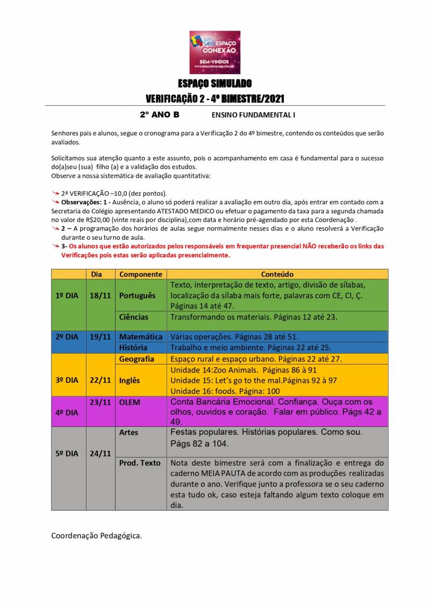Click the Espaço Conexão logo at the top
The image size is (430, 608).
(x=214, y=52)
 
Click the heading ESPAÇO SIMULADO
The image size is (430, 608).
(x=214, y=84)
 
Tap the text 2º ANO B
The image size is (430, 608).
(x=160, y=115)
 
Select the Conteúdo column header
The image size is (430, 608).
(x=277, y=274)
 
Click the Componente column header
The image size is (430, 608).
(x=141, y=274)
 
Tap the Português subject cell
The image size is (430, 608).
(x=137, y=296)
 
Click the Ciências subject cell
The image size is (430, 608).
(x=134, y=317)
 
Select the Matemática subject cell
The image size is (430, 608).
(x=141, y=337)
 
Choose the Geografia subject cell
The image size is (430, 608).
(x=137, y=359)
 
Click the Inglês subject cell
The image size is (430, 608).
(x=130, y=380)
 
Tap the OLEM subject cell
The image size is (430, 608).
(x=130, y=402)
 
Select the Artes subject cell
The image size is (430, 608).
(x=128, y=432)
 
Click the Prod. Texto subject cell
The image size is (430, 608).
(x=140, y=463)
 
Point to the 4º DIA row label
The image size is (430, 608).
(x=67, y=412)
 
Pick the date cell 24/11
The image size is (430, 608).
(x=100, y=453)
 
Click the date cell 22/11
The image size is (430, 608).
(x=100, y=380)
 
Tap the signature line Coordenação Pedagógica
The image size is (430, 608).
(x=97, y=535)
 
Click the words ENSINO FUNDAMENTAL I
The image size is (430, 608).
(x=253, y=115)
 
